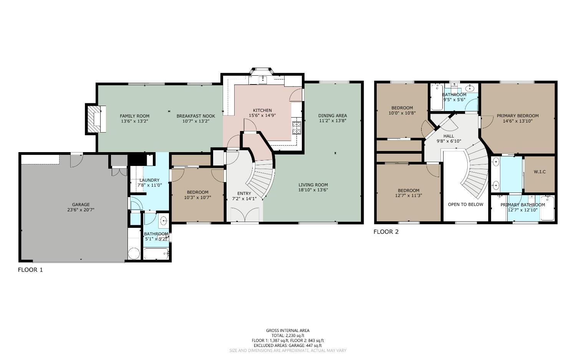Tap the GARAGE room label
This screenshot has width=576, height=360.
(81, 204)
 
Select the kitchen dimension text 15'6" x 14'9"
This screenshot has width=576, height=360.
(262, 116)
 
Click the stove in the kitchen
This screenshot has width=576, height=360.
(296, 126)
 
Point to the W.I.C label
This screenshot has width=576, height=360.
(540, 172)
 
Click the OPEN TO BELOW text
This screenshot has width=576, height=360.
(465, 204)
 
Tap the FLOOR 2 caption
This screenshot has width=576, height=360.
(386, 232)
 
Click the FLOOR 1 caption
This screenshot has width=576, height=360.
(30, 270)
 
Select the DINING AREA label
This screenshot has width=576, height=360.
(333, 116)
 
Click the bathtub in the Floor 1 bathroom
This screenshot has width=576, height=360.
(156, 254)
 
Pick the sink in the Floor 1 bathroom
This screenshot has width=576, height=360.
(164, 221)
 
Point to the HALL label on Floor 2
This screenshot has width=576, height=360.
(449, 136)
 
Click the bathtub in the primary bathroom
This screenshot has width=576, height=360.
(547, 208)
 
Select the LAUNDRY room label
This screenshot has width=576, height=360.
(149, 180)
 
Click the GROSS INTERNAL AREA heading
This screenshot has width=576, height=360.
(288, 330)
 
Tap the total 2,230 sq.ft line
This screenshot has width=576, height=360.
(288, 335)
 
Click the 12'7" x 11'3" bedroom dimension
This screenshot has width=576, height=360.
(409, 196)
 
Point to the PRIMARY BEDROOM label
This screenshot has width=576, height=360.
(518, 116)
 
